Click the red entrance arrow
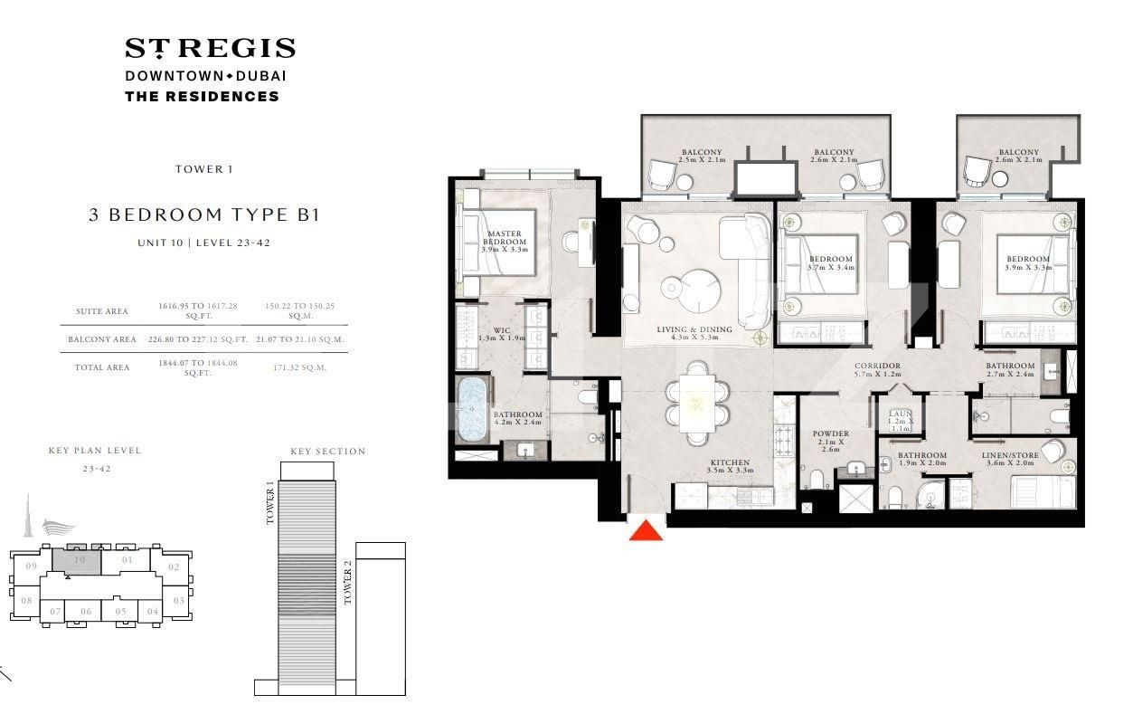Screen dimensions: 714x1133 (646, 530)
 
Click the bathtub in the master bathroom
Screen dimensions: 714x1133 (472, 410)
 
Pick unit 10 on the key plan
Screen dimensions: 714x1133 (80, 561)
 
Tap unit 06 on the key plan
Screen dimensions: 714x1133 (86, 612)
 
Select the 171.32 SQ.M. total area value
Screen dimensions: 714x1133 (299, 368)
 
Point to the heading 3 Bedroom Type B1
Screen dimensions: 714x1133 (203, 214)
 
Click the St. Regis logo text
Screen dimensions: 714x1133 (210, 48)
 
